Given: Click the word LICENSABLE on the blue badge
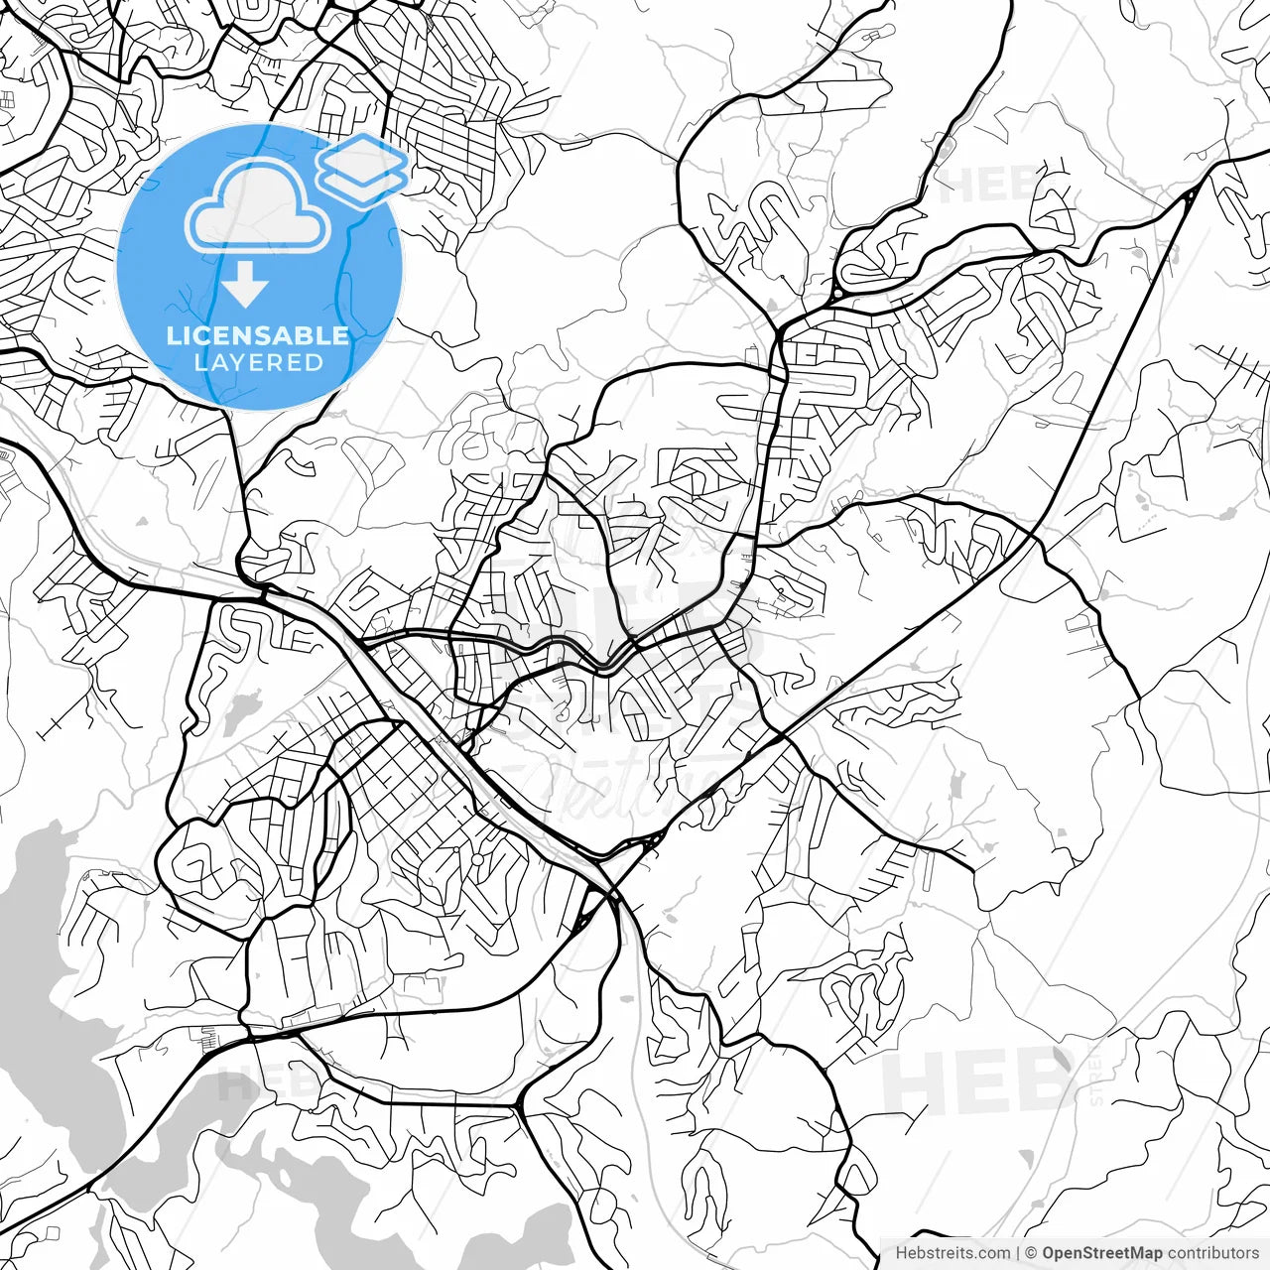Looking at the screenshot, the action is [x=258, y=335].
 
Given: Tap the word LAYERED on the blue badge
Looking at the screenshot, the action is [x=258, y=363].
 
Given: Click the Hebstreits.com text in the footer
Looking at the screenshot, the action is [x=952, y=1253].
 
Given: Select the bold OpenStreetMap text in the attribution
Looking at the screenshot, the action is [x=1102, y=1253].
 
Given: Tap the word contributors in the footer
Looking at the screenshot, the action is [x=1212, y=1253].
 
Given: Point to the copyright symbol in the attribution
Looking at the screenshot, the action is [x=1032, y=1253].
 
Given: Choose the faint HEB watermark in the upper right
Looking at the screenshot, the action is [x=992, y=184].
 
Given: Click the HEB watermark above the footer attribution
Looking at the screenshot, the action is [x=977, y=1081].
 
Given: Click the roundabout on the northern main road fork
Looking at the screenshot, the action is [x=836, y=293].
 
